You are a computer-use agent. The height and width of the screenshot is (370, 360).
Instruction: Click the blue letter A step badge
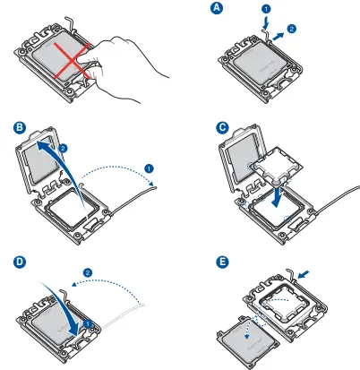click(x=217, y=8)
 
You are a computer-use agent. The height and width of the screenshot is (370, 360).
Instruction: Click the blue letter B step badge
click(x=20, y=127)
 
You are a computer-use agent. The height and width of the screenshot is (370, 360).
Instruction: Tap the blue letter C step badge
click(x=222, y=127)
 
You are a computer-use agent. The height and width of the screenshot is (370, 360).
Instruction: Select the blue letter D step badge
click(x=20, y=262)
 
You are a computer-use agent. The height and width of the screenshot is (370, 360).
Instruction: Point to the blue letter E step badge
click(x=222, y=262)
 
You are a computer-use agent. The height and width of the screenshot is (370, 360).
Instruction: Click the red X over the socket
click(x=72, y=61)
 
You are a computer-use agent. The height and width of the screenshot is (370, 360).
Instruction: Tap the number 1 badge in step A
click(x=266, y=9)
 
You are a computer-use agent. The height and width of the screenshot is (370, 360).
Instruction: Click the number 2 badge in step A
click(x=292, y=29)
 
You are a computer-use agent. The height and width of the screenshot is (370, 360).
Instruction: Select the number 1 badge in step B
click(x=149, y=168)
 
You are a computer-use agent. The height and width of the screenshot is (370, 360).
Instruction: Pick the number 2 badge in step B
click(x=64, y=148)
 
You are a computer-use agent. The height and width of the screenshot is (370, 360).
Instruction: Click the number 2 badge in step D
click(x=88, y=272)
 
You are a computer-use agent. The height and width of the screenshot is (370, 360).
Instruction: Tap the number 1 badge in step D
click(x=87, y=323)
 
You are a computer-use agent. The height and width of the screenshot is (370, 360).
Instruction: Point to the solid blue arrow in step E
click(x=304, y=274)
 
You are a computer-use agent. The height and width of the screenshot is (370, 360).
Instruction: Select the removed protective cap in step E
click(x=248, y=341)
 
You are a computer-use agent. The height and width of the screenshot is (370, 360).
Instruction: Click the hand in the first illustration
click(x=127, y=68)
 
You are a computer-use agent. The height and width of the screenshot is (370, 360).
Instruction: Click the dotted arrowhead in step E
click(x=247, y=336)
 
